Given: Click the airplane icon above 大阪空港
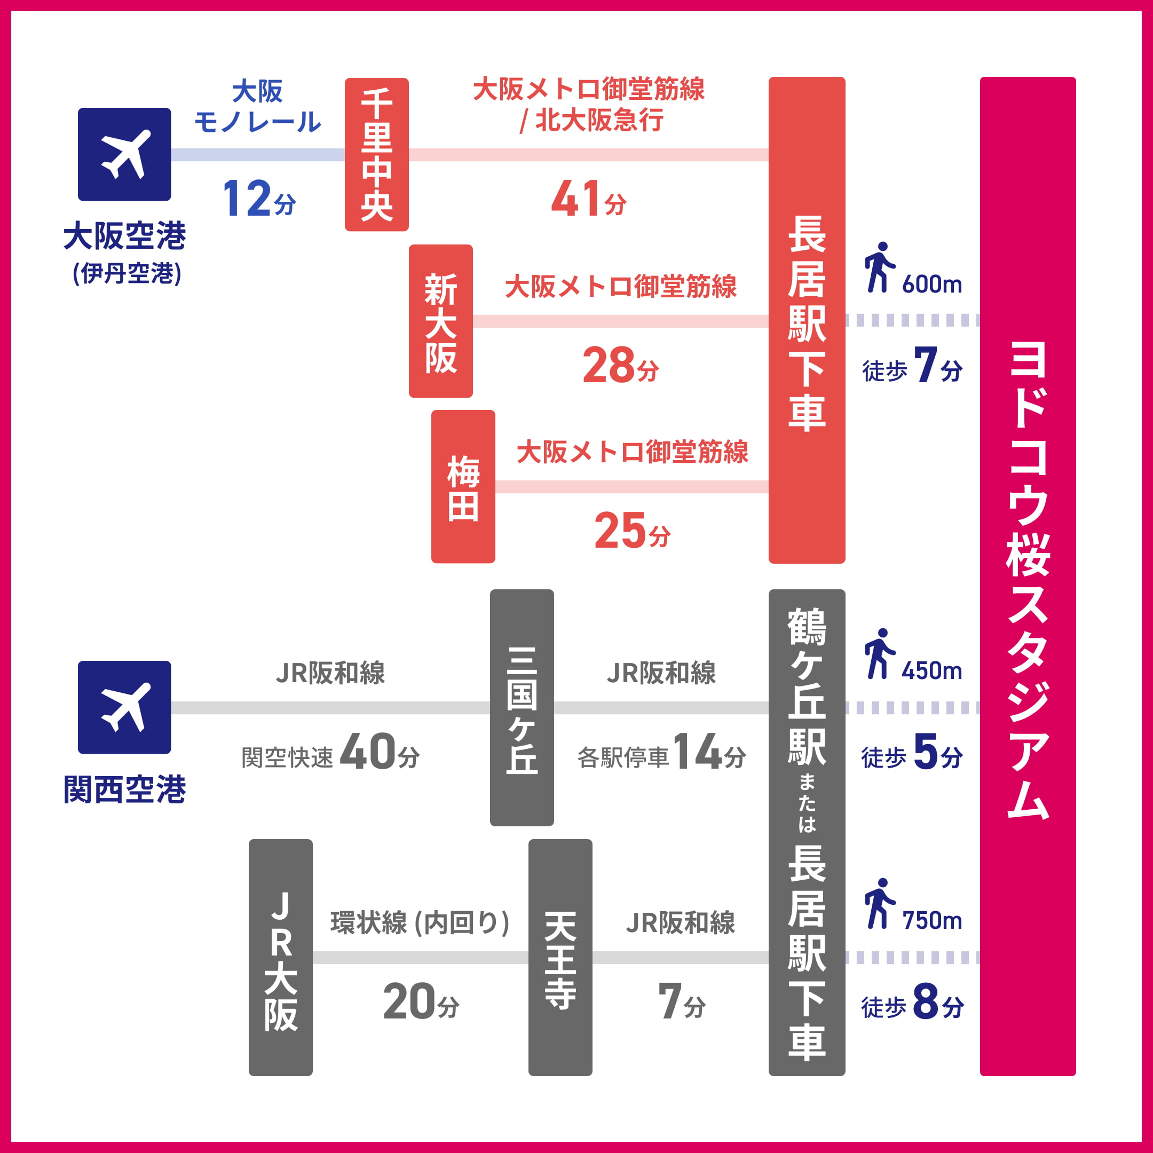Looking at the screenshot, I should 124,154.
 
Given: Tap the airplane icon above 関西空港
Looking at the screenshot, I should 124,707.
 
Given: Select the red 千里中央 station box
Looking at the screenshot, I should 376,154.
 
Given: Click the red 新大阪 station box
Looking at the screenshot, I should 440,321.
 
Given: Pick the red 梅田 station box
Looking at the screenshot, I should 463,486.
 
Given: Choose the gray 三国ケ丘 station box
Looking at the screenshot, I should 522,708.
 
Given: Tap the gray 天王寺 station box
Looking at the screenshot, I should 560,957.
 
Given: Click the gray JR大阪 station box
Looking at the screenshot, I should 280,957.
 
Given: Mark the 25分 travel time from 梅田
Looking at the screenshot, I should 632,531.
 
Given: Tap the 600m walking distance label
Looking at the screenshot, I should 931,285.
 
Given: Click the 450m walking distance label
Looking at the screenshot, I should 931,672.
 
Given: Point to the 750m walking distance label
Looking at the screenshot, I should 931,921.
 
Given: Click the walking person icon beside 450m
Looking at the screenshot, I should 879,653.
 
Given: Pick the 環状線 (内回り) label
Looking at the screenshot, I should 420,922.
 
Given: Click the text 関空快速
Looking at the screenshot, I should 287,758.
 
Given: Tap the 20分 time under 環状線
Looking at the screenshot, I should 421,1002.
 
